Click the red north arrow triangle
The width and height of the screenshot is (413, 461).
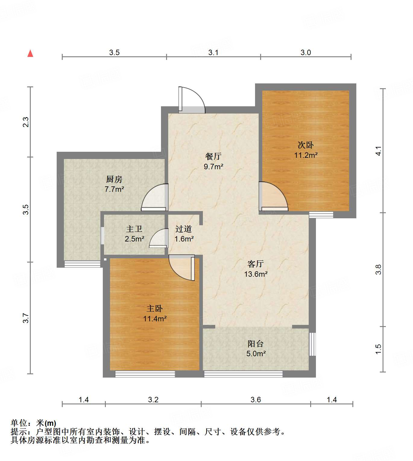coord(30,53)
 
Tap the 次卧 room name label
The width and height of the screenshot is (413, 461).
coord(306,145)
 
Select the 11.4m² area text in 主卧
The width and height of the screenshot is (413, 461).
coord(155,319)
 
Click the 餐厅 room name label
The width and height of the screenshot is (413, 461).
coord(213,156)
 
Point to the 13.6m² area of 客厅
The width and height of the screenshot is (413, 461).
coord(256,274)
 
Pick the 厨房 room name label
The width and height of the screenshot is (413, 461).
coord(114,179)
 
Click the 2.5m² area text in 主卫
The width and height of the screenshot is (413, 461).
coord(134,239)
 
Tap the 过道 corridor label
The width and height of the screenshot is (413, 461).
coord(183,229)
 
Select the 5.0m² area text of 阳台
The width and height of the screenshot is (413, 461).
coord(256,354)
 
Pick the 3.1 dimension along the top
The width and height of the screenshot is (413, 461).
coord(213,52)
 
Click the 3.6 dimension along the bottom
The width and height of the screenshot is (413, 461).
coord(255,400)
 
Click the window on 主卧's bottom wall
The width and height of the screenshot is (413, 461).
coord(145,374)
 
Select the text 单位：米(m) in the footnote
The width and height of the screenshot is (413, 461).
coord(33,423)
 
